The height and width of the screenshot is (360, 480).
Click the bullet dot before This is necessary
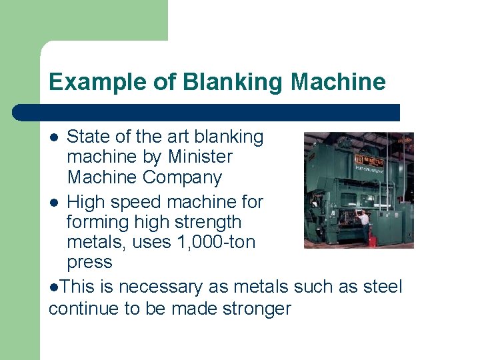click(53, 287)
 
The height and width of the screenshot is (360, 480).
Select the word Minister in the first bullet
click(200, 157)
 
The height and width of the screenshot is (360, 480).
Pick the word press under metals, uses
click(89, 262)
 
